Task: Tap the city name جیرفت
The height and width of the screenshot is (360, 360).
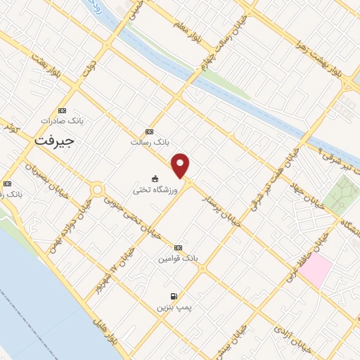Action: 54,141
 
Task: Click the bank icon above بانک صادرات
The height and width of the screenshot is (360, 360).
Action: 62,110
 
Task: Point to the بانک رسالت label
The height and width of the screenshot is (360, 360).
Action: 150,142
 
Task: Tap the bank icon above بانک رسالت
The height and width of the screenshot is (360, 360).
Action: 148,131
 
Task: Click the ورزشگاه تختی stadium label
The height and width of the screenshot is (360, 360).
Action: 155,189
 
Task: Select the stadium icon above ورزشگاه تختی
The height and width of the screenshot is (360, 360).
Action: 155,178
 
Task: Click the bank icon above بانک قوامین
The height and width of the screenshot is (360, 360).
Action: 178,247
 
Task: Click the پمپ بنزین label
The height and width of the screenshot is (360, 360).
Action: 174,307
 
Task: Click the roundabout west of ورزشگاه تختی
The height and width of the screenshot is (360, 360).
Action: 97,190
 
